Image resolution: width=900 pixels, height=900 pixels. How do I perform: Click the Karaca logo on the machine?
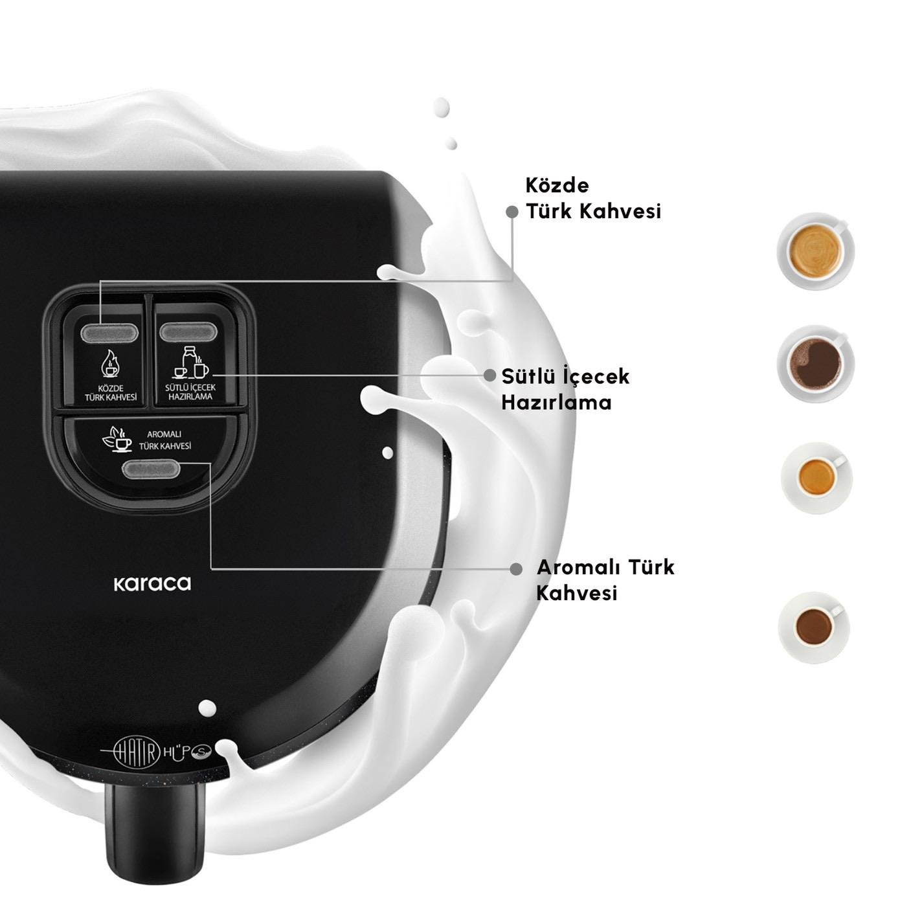(152, 583)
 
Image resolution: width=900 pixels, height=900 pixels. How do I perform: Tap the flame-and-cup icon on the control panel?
(110, 365)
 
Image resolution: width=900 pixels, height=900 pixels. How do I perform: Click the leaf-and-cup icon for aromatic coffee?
(117, 438)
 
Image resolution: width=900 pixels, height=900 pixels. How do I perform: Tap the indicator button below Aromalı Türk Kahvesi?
(150, 469)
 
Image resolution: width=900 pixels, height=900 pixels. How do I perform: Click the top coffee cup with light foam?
(815, 251)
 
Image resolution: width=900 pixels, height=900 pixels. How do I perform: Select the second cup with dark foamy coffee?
(815, 363)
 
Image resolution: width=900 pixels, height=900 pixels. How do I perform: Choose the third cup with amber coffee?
(816, 478)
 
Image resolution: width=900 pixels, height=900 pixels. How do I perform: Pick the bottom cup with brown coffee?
(814, 627)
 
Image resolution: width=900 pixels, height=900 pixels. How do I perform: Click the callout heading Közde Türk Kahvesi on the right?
(593, 198)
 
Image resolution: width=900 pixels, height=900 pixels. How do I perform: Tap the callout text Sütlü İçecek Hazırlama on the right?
(566, 389)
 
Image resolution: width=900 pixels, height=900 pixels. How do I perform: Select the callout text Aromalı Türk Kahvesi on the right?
(605, 580)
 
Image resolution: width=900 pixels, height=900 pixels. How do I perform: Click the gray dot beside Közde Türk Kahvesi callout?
(512, 212)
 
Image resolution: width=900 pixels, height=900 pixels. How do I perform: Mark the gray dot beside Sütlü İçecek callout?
(490, 375)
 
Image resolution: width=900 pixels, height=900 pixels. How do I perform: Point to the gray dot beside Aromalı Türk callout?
(516, 569)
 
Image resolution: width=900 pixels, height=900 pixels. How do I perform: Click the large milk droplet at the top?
(442, 108)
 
